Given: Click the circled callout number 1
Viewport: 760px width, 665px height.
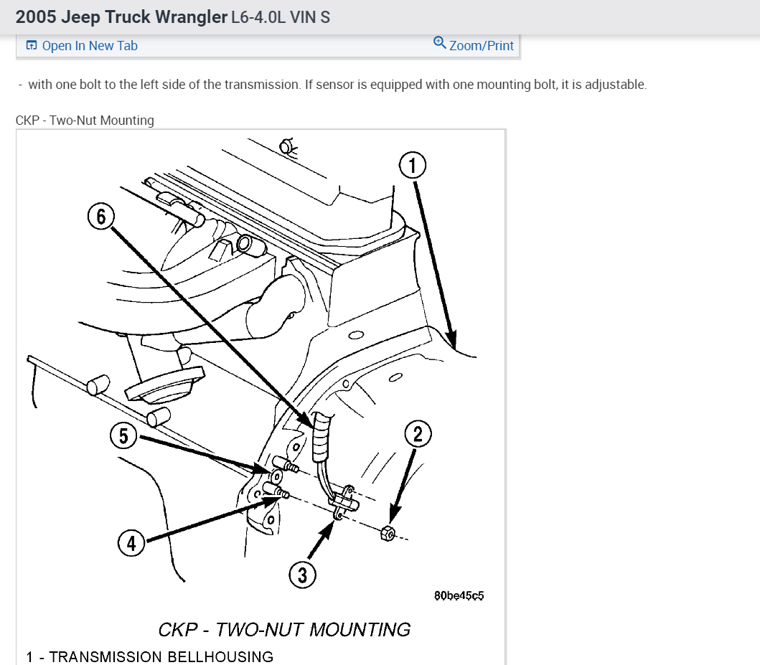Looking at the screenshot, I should (x=413, y=166).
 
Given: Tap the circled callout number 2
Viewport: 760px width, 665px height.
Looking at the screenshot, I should (x=418, y=433).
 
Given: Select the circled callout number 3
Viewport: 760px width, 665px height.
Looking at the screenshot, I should (x=302, y=574).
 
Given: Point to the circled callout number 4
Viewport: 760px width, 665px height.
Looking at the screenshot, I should (x=131, y=544).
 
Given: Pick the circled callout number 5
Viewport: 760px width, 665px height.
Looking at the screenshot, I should (x=123, y=435).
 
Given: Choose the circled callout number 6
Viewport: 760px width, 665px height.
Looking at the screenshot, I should (x=100, y=217).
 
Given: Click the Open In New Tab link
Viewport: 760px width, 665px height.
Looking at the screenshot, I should (x=89, y=46).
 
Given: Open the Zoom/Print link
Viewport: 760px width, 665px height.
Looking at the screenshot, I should (x=481, y=46).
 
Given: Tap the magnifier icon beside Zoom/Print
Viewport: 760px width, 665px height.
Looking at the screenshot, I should (x=440, y=43).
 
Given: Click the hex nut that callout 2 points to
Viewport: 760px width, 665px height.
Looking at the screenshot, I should (x=386, y=532).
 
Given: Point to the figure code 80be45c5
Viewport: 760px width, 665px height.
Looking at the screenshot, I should (x=459, y=595).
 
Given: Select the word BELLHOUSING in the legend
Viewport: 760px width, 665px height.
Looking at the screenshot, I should (x=220, y=656).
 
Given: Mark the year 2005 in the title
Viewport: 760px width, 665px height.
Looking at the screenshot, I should (x=36, y=16).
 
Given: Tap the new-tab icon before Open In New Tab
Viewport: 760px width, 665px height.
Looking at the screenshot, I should (x=31, y=46).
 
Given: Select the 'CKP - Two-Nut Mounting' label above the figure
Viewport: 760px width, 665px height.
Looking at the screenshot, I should (x=85, y=121).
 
